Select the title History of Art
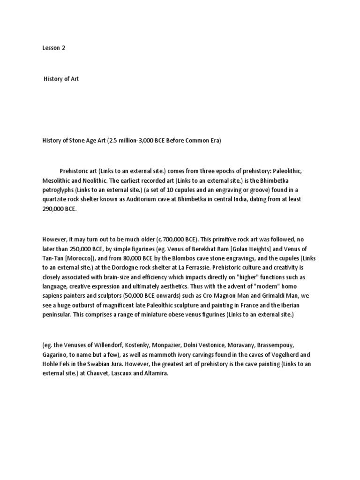point(61,79)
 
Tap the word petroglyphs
point(58,190)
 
